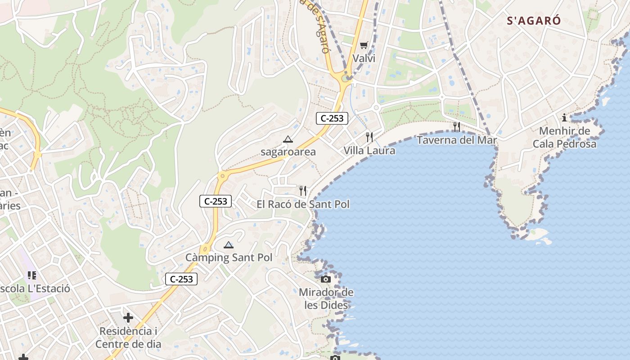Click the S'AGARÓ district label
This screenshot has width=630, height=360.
point(534,21)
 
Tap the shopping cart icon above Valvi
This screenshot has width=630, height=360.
point(364,45)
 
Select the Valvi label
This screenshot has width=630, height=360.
point(364,58)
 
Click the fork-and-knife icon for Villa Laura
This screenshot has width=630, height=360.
point(369,137)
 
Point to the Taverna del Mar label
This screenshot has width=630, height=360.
point(457,140)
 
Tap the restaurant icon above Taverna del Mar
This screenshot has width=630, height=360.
point(457,126)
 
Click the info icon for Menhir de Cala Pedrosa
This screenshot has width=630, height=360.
point(564,118)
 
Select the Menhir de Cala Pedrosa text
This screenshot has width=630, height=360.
point(564,137)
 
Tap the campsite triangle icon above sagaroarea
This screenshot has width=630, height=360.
point(288,139)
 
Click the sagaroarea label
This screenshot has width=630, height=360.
point(288,152)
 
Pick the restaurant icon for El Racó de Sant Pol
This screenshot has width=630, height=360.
point(303,191)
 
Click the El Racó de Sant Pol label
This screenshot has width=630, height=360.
point(303,204)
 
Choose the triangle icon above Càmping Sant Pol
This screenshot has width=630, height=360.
point(229,245)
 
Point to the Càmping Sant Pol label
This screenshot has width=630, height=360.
point(229,258)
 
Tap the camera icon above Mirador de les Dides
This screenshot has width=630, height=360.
point(326,279)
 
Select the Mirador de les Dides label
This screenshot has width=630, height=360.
point(326,299)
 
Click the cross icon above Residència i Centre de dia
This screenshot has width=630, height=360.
point(128,318)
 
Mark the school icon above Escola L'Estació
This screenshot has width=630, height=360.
point(31,275)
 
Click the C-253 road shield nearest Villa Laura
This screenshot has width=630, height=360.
point(332,118)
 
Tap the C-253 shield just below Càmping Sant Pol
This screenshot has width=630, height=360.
point(181,279)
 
